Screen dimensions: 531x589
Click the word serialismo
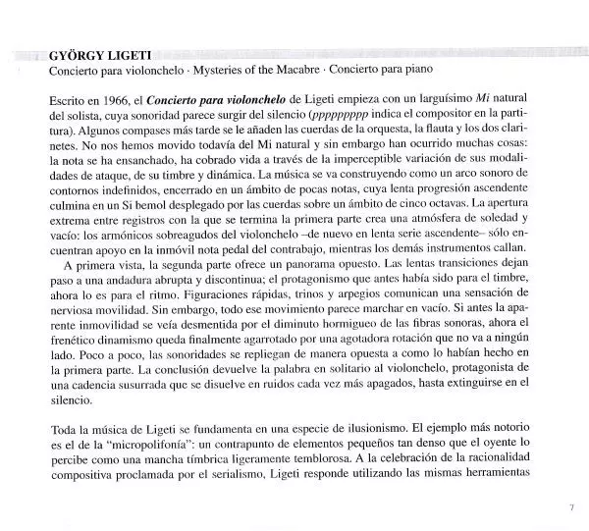(277, 496)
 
